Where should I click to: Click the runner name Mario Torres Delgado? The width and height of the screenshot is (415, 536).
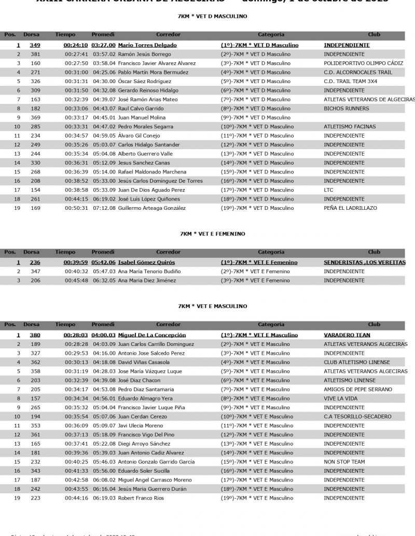(x=147, y=45)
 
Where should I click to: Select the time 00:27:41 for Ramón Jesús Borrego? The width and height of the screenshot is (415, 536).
(x=76, y=54)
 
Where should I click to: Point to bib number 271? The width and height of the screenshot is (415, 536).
(x=35, y=72)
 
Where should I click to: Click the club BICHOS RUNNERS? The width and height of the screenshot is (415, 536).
(x=347, y=109)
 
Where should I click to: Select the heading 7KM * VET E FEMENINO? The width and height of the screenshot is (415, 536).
(x=212, y=234)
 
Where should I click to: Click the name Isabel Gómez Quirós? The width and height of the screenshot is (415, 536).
(x=146, y=262)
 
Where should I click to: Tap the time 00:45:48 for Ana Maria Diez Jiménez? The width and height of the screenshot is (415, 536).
(x=76, y=280)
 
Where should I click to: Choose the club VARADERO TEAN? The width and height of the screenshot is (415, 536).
(x=347, y=335)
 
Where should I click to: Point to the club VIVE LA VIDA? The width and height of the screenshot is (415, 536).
(x=340, y=398)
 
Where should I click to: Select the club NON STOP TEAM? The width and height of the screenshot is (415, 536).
(x=344, y=462)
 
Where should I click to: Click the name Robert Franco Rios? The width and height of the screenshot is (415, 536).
(x=141, y=498)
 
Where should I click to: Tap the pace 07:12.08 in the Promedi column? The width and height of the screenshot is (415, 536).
(x=104, y=208)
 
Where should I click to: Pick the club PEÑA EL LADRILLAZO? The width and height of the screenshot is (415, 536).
(x=350, y=208)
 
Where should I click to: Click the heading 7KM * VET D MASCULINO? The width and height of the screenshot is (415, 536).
(x=212, y=16)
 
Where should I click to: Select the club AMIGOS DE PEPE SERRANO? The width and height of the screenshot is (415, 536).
(x=357, y=390)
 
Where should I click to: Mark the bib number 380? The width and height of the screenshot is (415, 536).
(x=35, y=335)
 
